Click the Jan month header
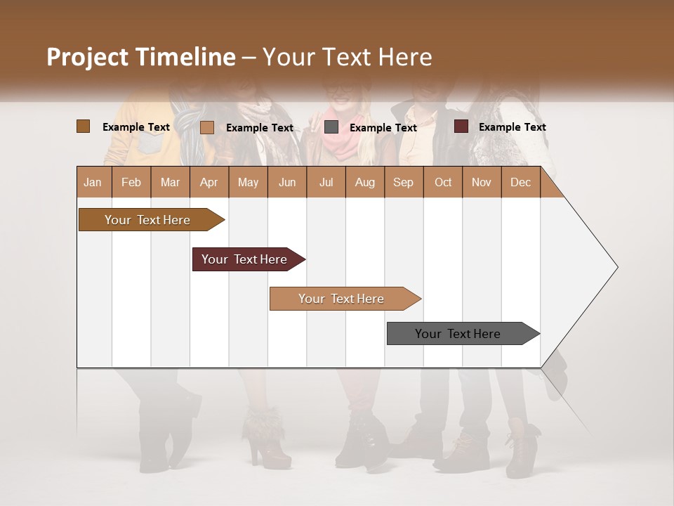click(93, 182)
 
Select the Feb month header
click(131, 182)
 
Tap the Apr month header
click(209, 182)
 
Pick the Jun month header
click(287, 182)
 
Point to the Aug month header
click(364, 182)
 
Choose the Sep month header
click(403, 182)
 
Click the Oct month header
click(443, 182)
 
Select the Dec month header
click(520, 182)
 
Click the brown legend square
click(83, 126)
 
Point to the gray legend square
click(331, 127)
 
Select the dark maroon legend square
click(461, 126)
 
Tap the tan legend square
click(206, 127)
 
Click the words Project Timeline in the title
click(140, 57)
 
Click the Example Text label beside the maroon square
click(512, 127)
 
